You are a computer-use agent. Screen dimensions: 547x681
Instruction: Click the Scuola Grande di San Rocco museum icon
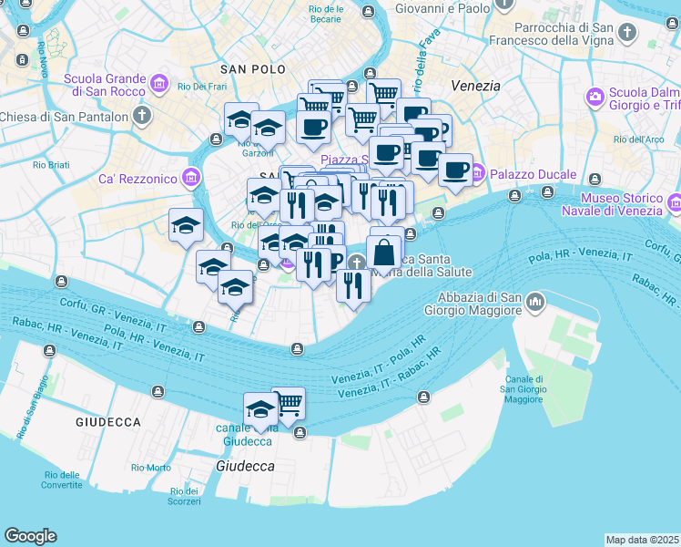coord(160,85)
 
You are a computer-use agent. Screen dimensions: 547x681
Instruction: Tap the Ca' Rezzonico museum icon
coord(191,177)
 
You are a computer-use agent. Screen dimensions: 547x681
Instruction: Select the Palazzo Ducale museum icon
coord(477,172)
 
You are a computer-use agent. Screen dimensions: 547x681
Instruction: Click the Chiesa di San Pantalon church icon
coord(141,115)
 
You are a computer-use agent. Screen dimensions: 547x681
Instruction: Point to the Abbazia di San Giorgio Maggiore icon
coord(534,300)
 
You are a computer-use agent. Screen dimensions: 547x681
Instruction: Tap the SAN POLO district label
coord(252,69)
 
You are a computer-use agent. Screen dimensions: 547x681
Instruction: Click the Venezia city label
coord(476,86)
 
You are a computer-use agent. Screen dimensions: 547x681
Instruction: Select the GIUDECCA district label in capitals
coord(107,422)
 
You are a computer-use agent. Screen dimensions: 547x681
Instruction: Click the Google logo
coord(30,536)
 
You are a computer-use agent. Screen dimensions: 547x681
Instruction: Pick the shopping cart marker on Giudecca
coord(289,402)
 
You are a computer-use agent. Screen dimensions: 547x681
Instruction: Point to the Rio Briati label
coord(51,165)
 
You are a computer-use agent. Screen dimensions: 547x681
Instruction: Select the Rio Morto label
coord(150,468)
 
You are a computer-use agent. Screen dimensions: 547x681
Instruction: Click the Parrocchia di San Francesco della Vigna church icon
coord(626,34)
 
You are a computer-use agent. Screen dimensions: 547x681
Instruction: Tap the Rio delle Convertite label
coord(62,480)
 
